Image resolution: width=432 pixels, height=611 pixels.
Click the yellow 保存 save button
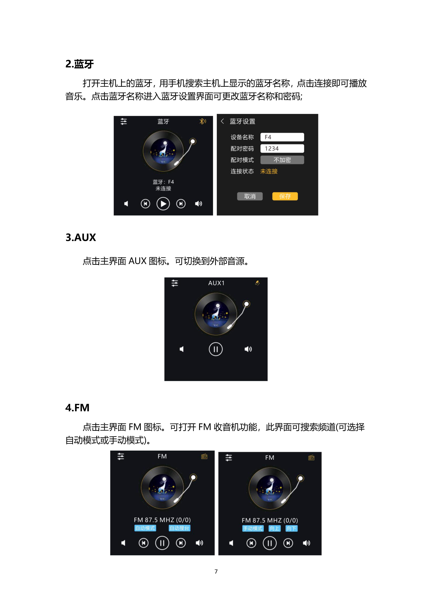(x=285, y=196)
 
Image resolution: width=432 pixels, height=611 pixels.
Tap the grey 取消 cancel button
(x=250, y=196)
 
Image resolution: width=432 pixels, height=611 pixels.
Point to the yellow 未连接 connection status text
(x=269, y=171)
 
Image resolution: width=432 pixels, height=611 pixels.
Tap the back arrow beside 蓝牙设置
(x=222, y=121)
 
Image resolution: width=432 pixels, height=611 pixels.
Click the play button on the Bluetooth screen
(x=163, y=204)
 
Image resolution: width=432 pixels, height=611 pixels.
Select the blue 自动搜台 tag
(x=180, y=528)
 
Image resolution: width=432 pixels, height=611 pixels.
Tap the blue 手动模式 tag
(x=253, y=529)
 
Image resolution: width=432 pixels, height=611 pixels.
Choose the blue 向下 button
(x=292, y=529)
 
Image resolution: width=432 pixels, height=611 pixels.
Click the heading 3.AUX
(x=81, y=237)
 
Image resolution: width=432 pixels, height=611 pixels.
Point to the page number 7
(x=216, y=571)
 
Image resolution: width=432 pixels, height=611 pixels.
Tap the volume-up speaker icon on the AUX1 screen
(x=248, y=349)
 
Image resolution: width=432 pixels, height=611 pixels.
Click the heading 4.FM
(x=77, y=408)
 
